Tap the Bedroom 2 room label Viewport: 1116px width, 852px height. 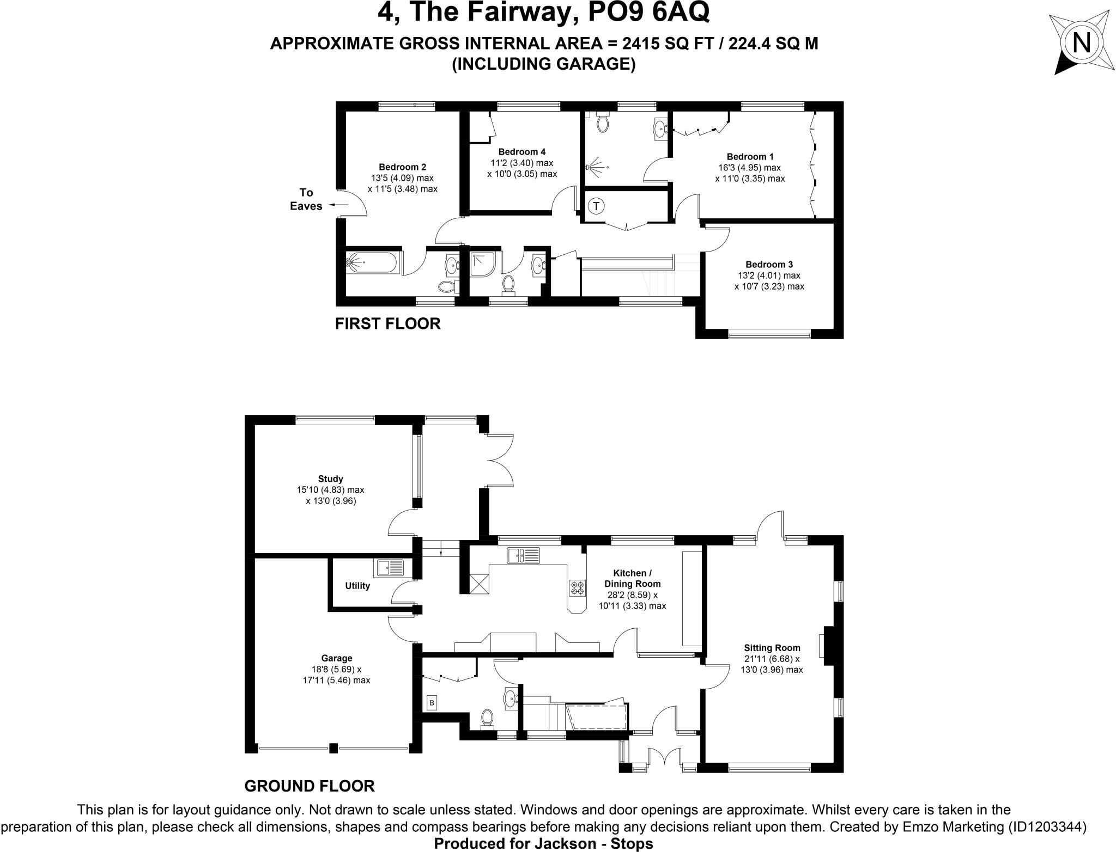pyautogui.click(x=402, y=167)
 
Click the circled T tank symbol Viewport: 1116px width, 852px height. pyautogui.click(x=596, y=206)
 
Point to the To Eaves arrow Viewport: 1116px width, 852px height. pyautogui.click(x=339, y=205)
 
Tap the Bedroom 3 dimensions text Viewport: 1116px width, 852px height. pyautogui.click(x=768, y=281)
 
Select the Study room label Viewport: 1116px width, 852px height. pyautogui.click(x=330, y=479)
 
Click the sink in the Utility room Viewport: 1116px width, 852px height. pyautogui.click(x=389, y=568)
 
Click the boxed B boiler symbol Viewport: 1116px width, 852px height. pyautogui.click(x=432, y=703)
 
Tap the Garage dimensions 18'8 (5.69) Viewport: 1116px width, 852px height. pyautogui.click(x=336, y=669)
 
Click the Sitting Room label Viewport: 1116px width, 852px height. pyautogui.click(x=772, y=648)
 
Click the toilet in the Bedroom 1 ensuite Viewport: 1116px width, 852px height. pyautogui.click(x=603, y=123)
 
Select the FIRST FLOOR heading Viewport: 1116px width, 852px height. pyautogui.click(x=387, y=324)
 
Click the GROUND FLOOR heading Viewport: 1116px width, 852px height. pyautogui.click(x=309, y=786)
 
